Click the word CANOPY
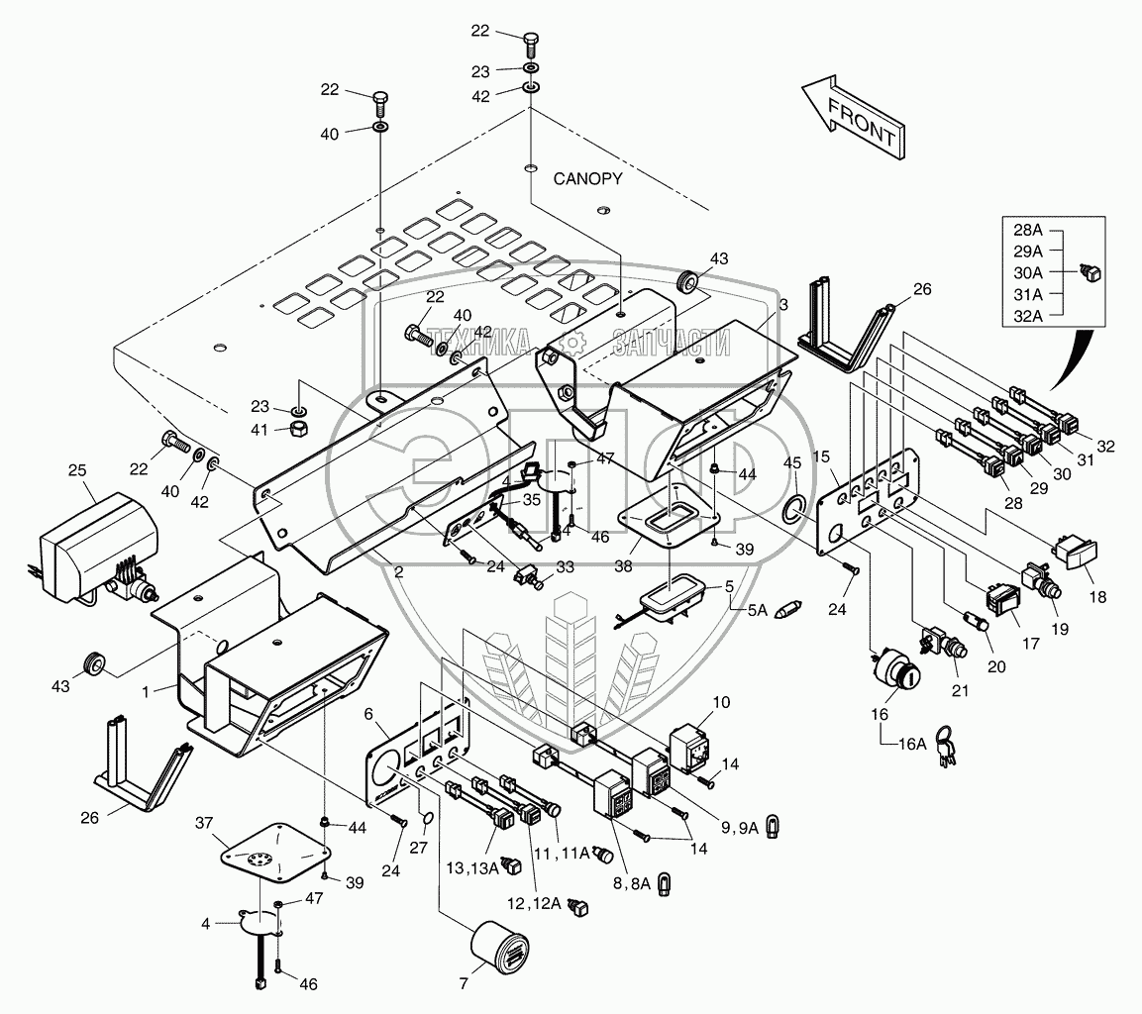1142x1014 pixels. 587,179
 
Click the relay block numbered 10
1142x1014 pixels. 692,749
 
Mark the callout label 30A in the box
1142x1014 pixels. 1028,273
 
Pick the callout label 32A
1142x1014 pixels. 1028,317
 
